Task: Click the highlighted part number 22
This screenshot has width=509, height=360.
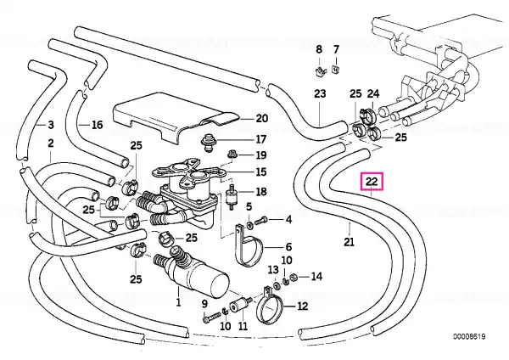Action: coord(372,182)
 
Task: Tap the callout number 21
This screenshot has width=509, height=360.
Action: coord(349,242)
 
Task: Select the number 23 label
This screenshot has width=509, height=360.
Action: coord(320,94)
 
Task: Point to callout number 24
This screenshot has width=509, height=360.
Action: coord(373,94)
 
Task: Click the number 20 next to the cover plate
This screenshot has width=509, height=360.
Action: coord(262,119)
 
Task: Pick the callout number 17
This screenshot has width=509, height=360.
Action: coord(261,139)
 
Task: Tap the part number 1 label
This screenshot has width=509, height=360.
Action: coord(178,302)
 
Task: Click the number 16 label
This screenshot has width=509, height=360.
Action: coord(97,125)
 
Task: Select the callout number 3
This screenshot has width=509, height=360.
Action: coord(51,125)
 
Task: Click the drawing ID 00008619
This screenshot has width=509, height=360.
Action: coord(469,336)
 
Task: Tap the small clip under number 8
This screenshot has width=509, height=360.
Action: coord(320,70)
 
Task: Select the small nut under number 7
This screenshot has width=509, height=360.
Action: coord(335,70)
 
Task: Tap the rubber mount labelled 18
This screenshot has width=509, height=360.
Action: coord(231,197)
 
